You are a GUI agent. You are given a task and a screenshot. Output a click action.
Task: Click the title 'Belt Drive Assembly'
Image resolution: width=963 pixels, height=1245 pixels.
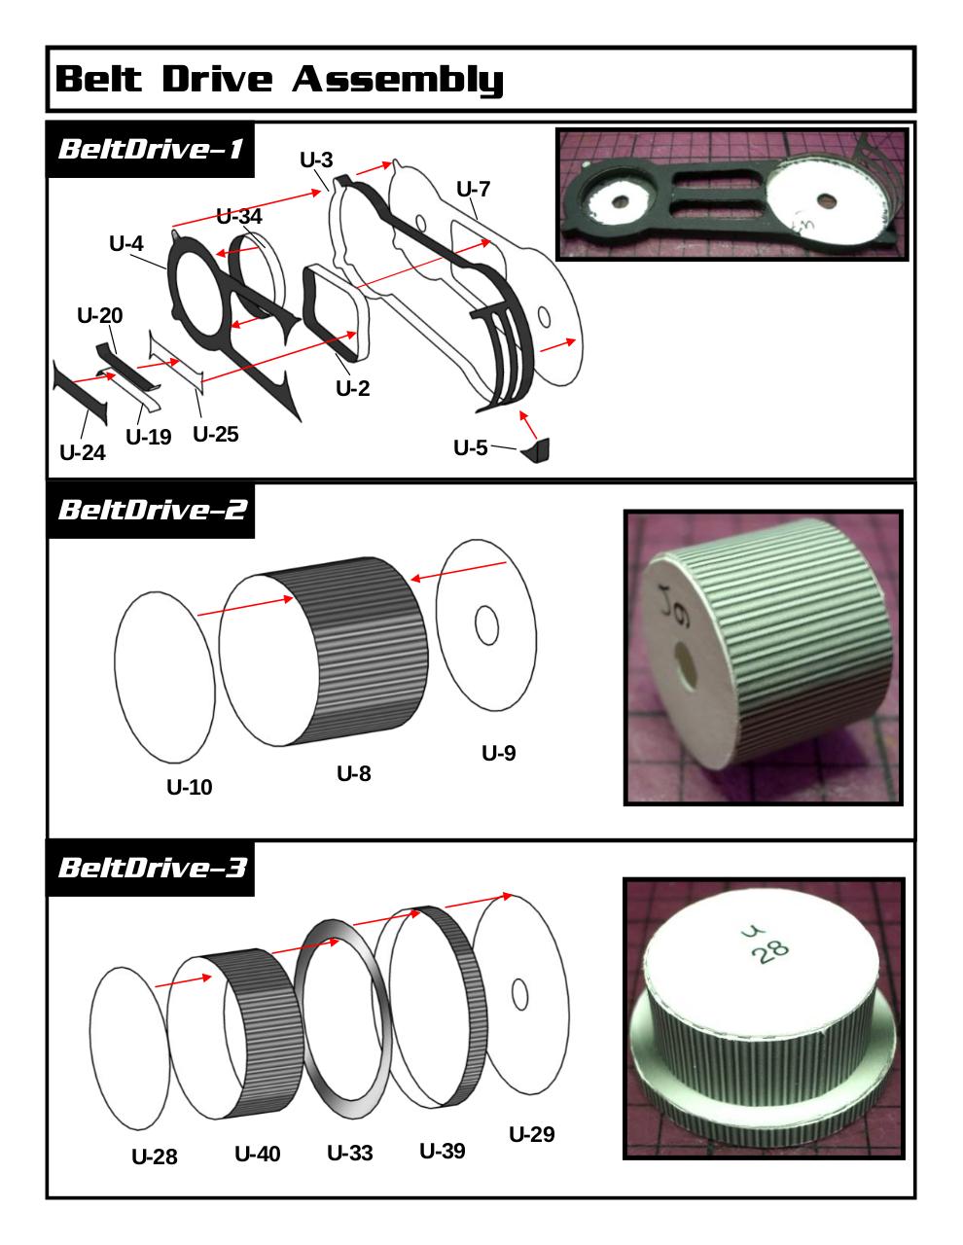pyautogui.click(x=280, y=79)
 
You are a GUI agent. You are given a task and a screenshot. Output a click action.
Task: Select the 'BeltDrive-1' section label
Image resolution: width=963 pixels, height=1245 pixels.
pyautogui.click(x=151, y=150)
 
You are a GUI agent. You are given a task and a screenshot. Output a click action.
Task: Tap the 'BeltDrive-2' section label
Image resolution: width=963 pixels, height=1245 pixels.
pyautogui.click(x=152, y=510)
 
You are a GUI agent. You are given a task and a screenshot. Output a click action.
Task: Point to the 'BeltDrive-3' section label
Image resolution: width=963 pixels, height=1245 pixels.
pyautogui.click(x=152, y=867)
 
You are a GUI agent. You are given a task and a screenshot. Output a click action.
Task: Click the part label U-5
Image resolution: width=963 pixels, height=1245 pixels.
pyautogui.click(x=471, y=447)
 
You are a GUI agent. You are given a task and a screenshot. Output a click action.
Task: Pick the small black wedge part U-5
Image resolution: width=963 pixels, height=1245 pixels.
pyautogui.click(x=539, y=450)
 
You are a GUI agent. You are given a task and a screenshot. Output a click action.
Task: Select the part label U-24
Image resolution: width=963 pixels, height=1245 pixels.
pyautogui.click(x=82, y=452)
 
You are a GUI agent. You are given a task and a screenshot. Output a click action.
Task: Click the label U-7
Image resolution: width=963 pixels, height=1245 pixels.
pyautogui.click(x=473, y=189)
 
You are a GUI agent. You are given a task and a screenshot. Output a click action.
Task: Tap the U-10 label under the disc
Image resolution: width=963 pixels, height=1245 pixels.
pyautogui.click(x=189, y=787)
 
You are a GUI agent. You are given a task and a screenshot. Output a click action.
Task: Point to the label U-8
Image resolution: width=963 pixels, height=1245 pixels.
pyautogui.click(x=353, y=774)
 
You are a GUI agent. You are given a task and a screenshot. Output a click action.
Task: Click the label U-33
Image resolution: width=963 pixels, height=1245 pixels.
pyautogui.click(x=349, y=1154)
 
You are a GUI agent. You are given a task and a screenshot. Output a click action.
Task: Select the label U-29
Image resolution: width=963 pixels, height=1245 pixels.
pyautogui.click(x=532, y=1135)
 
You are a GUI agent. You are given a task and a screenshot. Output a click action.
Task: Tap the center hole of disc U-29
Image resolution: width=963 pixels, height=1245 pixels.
pyautogui.click(x=519, y=995)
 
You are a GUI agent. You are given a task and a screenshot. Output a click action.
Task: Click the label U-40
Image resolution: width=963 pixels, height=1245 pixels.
pyautogui.click(x=257, y=1154)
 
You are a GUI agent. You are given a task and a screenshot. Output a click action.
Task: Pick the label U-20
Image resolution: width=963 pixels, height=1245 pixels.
pyautogui.click(x=99, y=315)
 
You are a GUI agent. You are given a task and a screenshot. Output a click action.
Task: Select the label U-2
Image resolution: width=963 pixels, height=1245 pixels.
pyautogui.click(x=352, y=388)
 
